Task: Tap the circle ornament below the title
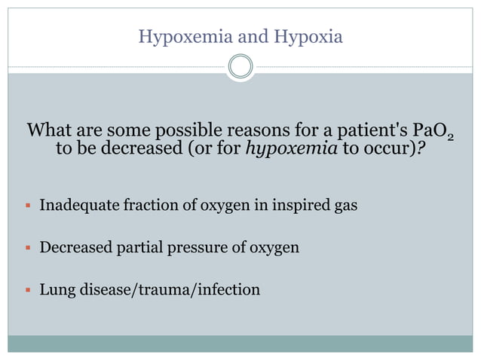[240, 67]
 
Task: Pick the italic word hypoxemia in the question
[293, 148]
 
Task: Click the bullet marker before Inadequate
[27, 204]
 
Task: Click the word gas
[343, 204]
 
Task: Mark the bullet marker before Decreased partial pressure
[27, 247]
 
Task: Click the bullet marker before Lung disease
[27, 290]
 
